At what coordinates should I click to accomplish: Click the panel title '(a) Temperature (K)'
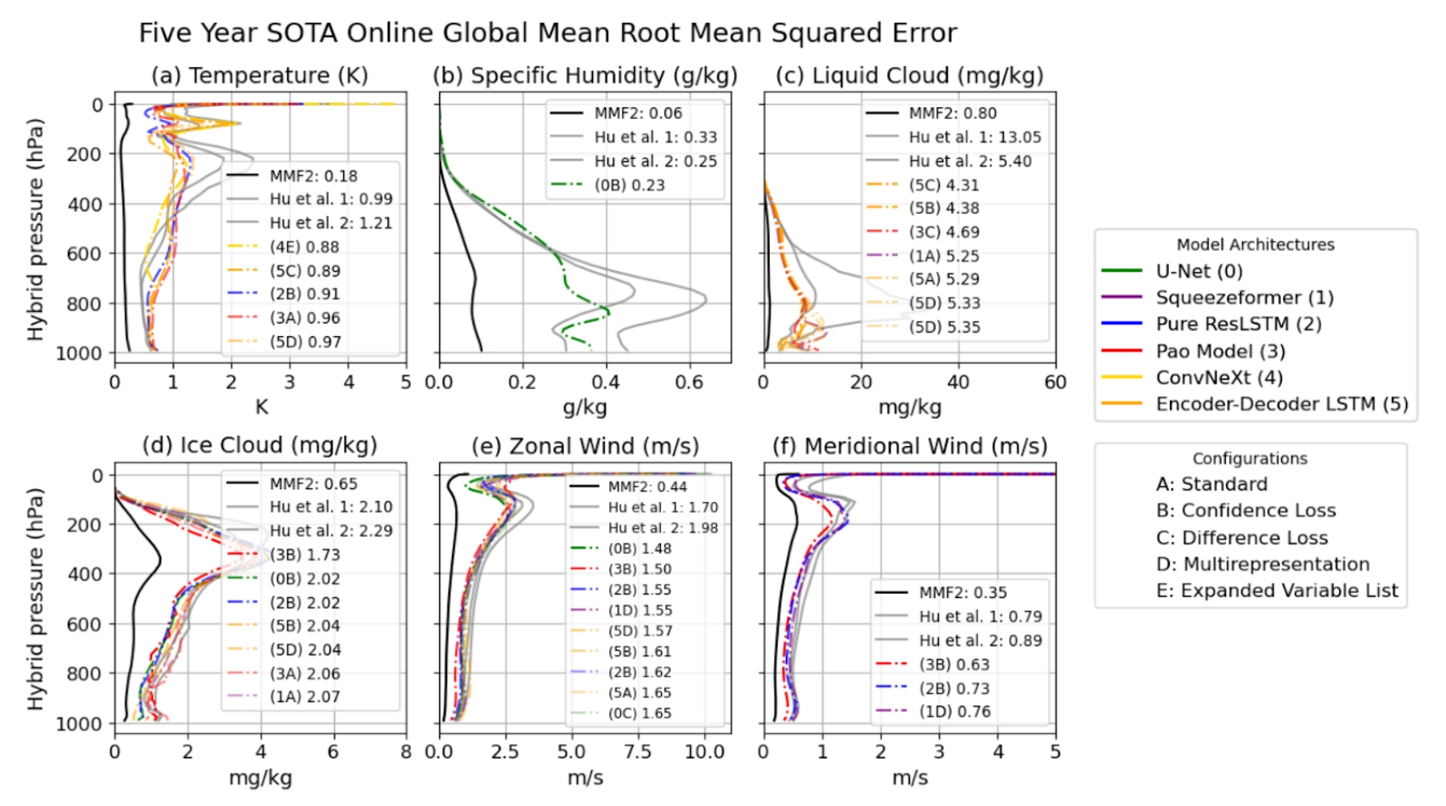(259, 76)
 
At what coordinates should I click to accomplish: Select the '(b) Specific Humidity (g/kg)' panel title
(585, 76)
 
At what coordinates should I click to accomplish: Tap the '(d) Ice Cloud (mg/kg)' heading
(259, 445)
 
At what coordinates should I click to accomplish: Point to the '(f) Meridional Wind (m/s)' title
(909, 446)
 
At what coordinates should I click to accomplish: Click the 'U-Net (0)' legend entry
(1199, 272)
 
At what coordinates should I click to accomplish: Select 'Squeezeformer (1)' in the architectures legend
(1244, 298)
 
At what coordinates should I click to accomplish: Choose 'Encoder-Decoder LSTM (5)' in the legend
(1281, 404)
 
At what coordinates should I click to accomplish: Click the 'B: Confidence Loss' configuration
(1245, 510)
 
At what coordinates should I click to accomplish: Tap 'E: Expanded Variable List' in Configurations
(1277, 590)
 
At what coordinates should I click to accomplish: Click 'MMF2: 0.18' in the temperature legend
(313, 176)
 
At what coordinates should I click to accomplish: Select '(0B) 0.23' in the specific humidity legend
(630, 185)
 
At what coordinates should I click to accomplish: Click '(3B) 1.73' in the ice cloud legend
(304, 555)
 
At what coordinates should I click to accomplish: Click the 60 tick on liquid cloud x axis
(1055, 382)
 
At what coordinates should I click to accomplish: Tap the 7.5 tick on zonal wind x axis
(637, 752)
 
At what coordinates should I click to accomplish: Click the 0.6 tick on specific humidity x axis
(689, 382)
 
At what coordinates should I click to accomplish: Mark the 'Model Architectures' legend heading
(1255, 245)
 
